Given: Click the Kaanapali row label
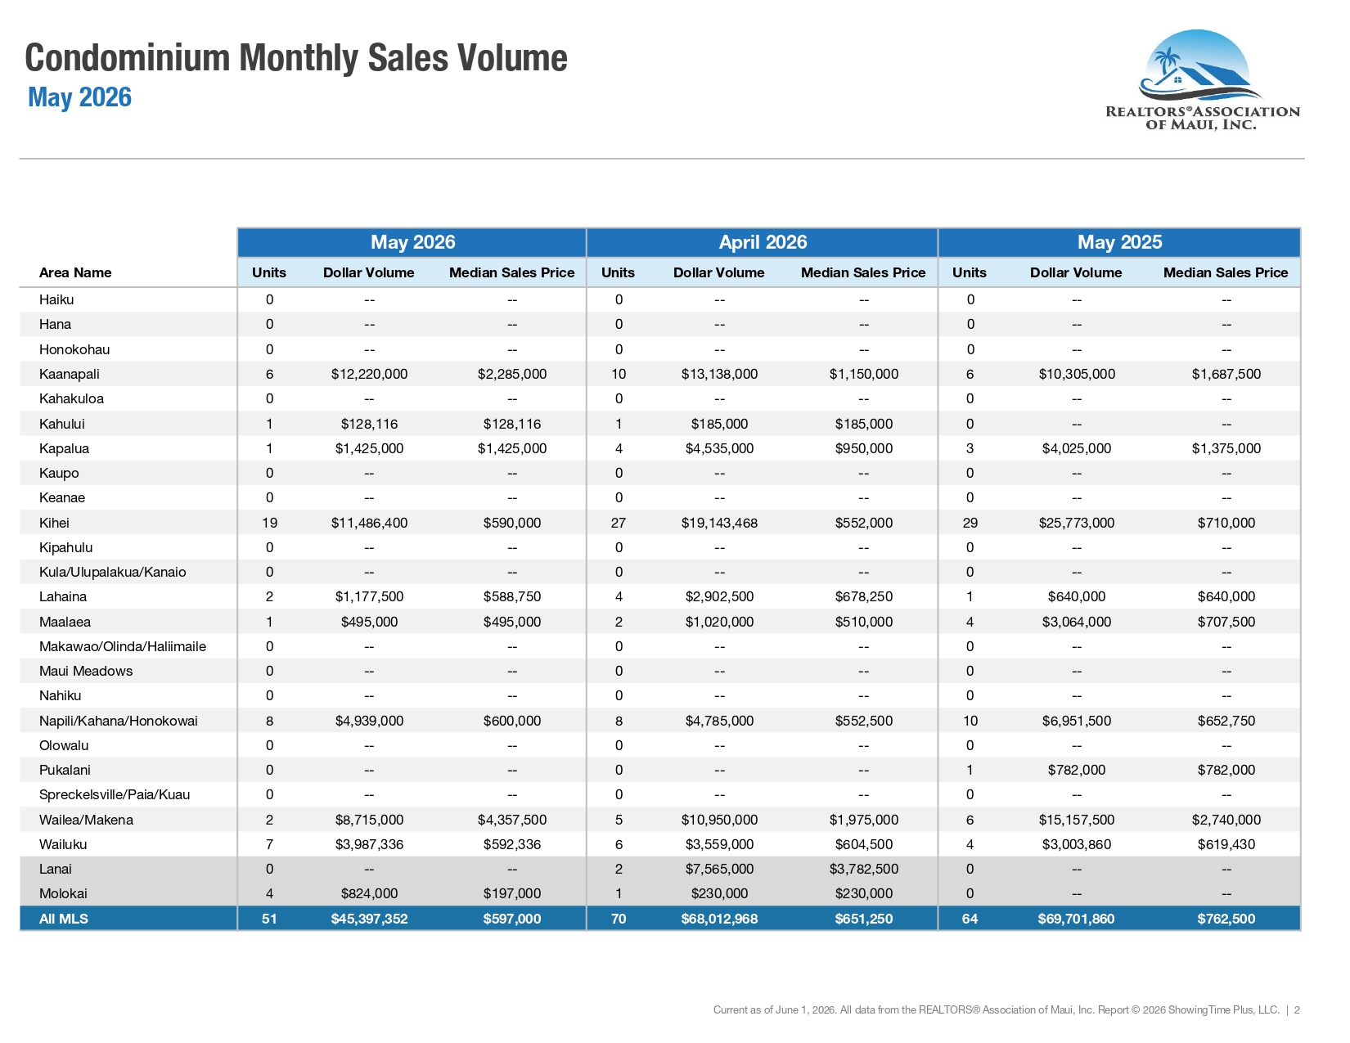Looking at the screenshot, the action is click(69, 374).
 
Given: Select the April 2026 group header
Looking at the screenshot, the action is click(763, 242).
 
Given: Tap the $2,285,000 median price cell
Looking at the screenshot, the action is click(512, 374).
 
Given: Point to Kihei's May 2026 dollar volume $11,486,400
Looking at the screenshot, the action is click(369, 523).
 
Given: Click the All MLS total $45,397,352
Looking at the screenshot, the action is click(369, 919).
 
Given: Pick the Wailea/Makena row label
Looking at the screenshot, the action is click(86, 820).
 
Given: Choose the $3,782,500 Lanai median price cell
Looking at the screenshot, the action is click(863, 869).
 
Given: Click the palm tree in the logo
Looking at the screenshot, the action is click(1167, 62).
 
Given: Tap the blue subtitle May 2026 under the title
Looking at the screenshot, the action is click(79, 97).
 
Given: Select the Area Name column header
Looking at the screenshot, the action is click(75, 272).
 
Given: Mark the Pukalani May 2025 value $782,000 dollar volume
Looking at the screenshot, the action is click(1076, 771).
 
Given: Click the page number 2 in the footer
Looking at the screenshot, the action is click(1297, 1010).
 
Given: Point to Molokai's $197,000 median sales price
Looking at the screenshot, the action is click(512, 894).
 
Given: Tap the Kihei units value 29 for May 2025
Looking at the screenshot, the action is click(970, 523).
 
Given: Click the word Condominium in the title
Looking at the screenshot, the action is click(128, 58).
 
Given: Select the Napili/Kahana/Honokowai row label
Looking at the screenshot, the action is click(118, 722).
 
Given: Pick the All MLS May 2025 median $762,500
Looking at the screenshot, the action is click(1226, 919).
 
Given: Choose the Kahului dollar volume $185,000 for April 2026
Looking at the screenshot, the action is click(719, 425).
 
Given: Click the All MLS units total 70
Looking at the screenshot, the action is click(619, 919).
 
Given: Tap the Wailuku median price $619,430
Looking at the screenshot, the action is click(1226, 845).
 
